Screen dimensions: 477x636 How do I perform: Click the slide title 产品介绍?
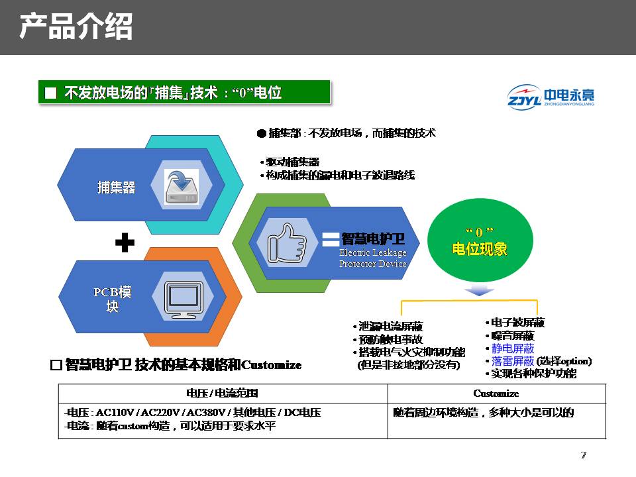pos(76,27)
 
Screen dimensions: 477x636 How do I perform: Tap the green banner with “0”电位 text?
pos(184,93)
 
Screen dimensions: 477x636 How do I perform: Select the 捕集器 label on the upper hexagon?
pos(116,187)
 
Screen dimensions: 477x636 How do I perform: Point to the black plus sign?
pos(125,244)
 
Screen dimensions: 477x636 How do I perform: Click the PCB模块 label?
pos(113,299)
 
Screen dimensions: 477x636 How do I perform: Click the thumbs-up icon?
pos(286,243)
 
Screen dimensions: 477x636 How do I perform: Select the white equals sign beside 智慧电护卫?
pos(330,239)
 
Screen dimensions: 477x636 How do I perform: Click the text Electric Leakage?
pos(372,252)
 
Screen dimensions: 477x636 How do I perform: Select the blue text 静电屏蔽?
pos(513,348)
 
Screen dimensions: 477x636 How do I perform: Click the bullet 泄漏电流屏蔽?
pos(390,327)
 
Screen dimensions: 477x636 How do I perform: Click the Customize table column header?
pos(496,393)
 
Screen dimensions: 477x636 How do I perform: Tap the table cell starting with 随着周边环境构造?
pos(484,413)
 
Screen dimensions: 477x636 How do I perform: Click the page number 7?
pos(583,454)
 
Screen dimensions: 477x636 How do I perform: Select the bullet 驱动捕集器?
pos(292,162)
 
